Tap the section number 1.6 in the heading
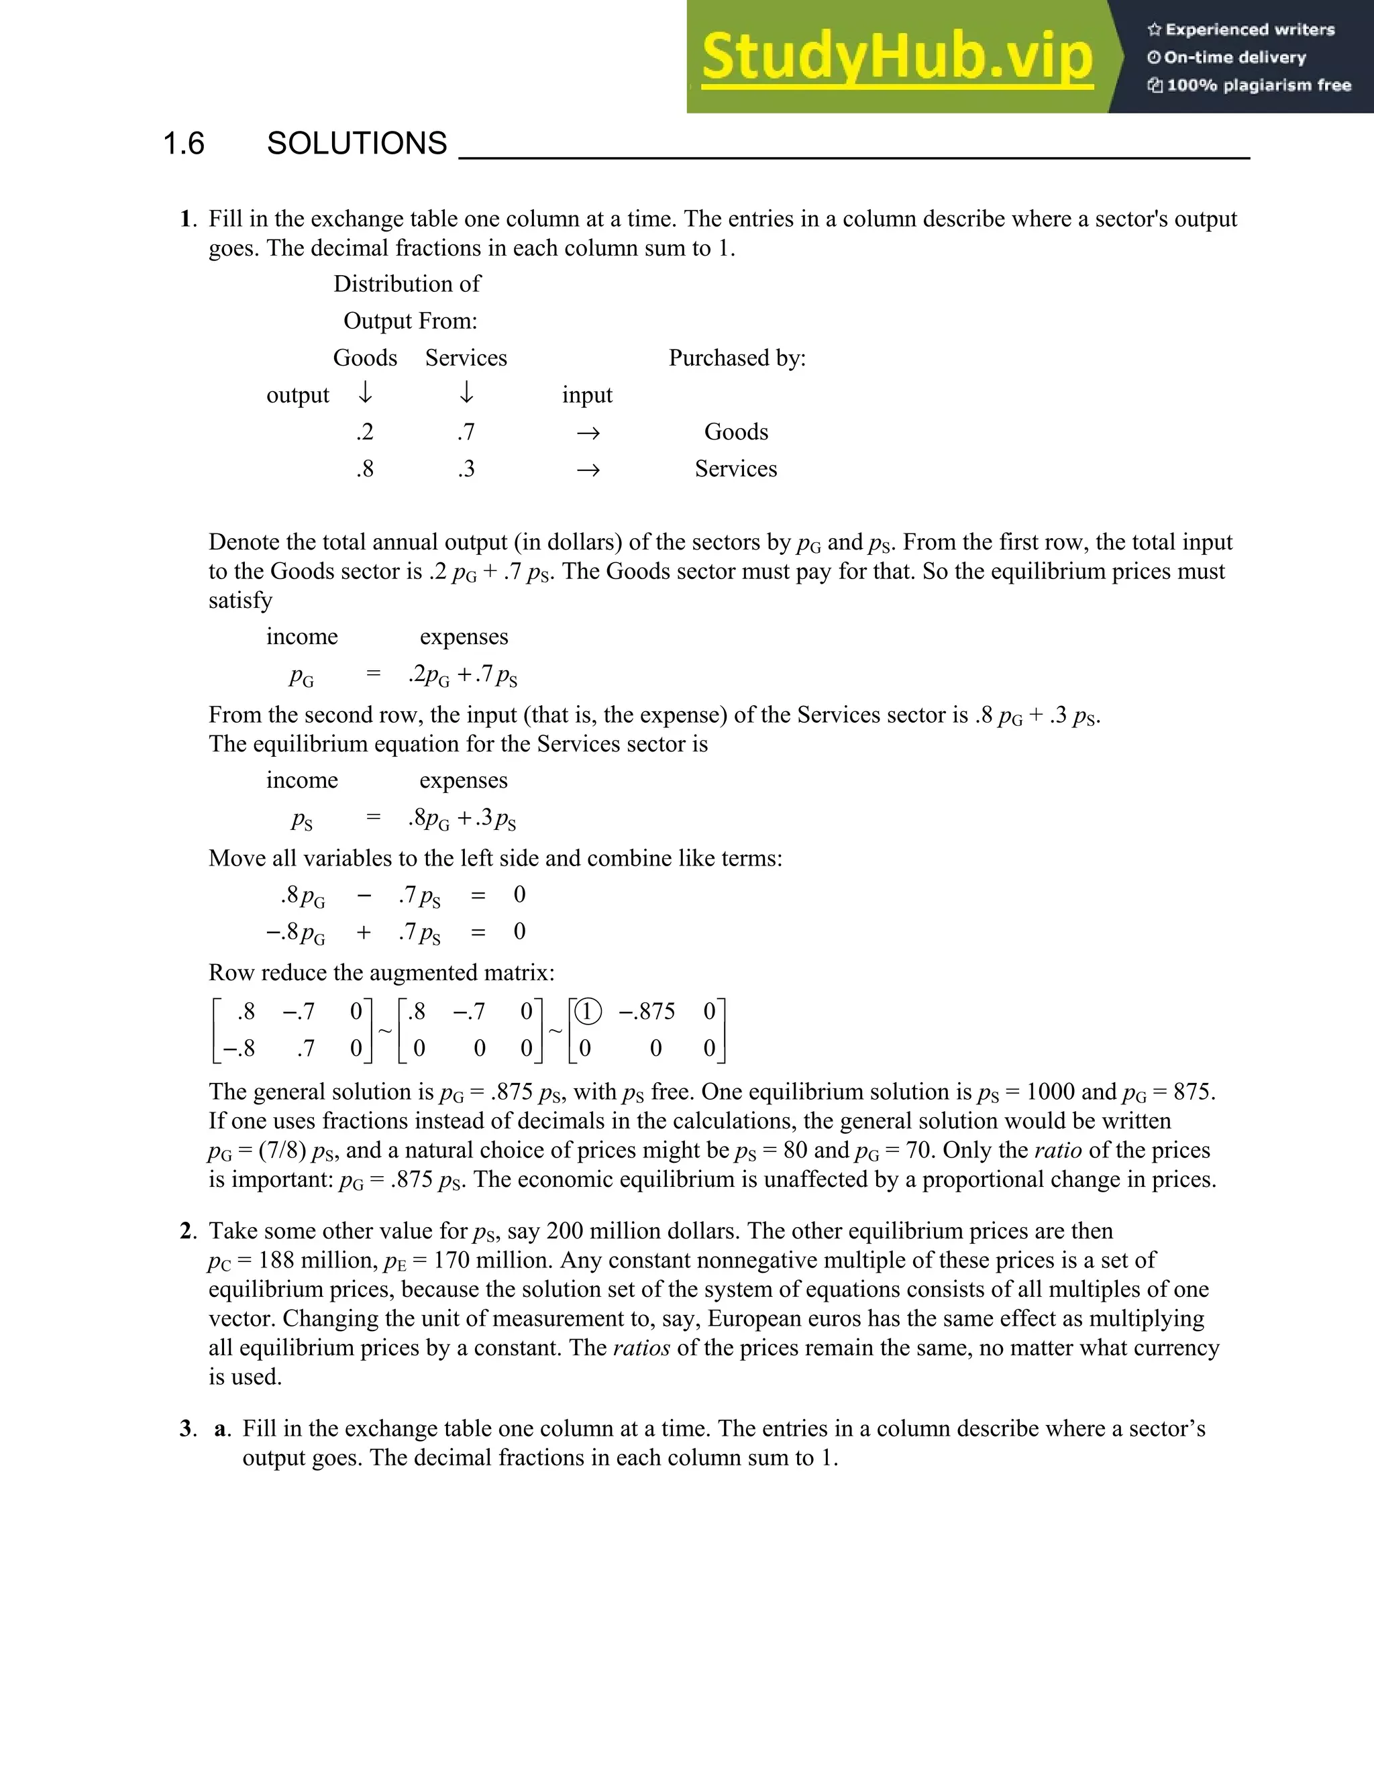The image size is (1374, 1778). coord(183,144)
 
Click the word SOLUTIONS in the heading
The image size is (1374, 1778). coord(356,144)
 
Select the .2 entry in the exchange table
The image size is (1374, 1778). coord(365,432)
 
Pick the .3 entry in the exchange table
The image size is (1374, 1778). coord(466,469)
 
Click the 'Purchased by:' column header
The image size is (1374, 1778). coord(737,358)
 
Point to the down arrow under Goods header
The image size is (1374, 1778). coord(366,394)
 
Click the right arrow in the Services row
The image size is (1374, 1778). coord(588,470)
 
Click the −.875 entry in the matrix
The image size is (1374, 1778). coord(647,1012)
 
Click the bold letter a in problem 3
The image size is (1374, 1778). coord(221,1428)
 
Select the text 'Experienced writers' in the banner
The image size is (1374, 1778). coord(1249,30)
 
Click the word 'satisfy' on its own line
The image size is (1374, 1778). coord(240,600)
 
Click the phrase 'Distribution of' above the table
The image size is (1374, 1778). coord(407,284)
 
